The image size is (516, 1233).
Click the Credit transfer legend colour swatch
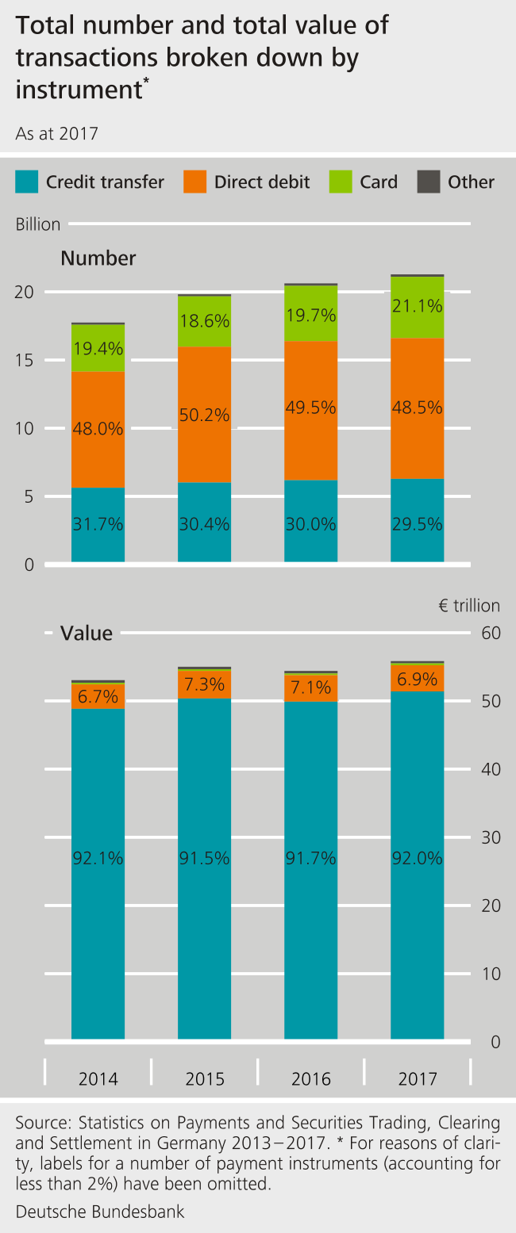27,182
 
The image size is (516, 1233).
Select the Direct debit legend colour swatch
195,182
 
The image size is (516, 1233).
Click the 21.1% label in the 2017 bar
418,305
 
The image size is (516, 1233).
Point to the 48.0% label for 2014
98,429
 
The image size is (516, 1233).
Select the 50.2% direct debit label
204,415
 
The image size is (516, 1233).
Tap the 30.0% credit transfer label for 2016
310,524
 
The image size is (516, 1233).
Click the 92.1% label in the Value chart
98,857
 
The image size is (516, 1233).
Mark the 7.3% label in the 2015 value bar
204,684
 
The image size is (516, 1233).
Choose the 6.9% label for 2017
418,679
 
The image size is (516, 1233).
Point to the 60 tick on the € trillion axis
491,633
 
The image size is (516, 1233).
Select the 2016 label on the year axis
310,1079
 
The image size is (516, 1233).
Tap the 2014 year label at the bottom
98,1079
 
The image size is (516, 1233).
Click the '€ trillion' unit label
468,606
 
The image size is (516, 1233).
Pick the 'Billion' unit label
38,224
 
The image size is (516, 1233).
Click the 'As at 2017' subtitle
56,133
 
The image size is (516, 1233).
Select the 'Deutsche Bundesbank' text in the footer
100,1212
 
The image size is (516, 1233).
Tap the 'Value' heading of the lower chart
87,633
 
